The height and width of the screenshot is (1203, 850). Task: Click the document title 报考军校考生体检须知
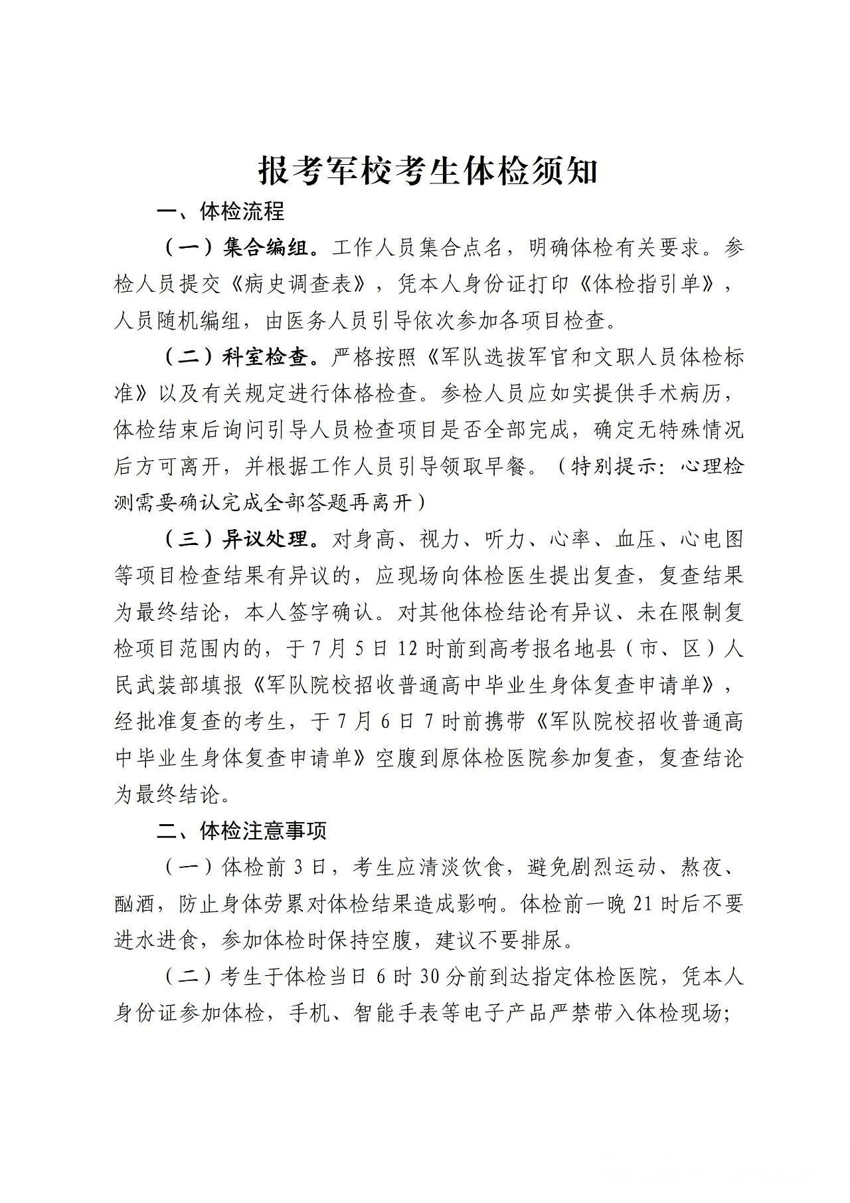click(428, 171)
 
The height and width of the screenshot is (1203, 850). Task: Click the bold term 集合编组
click(266, 249)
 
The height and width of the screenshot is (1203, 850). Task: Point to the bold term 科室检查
click(266, 358)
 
